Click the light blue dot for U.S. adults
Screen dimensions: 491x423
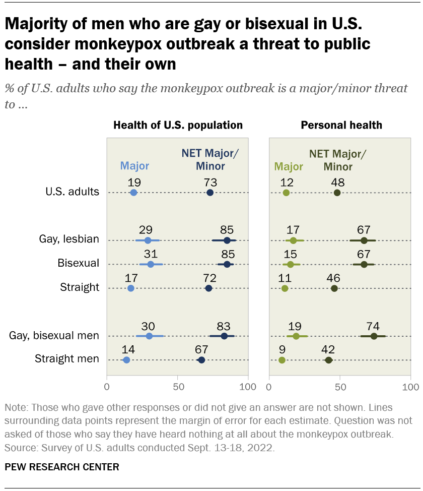point(133,193)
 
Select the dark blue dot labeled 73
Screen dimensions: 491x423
point(210,193)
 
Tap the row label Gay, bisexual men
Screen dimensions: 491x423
point(54,335)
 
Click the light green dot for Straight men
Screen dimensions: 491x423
point(282,360)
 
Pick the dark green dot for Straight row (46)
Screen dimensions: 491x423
point(334,288)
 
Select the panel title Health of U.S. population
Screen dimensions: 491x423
point(178,125)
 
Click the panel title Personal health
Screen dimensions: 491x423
point(341,125)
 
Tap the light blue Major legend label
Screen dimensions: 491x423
point(134,166)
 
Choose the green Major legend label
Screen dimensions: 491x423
point(288,166)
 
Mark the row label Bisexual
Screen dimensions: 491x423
point(79,263)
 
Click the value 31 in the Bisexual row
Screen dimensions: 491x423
point(150,252)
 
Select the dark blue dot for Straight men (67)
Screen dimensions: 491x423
point(201,360)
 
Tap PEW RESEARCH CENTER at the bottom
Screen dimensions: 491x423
point(62,467)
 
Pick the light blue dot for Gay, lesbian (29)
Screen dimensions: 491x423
point(148,240)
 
